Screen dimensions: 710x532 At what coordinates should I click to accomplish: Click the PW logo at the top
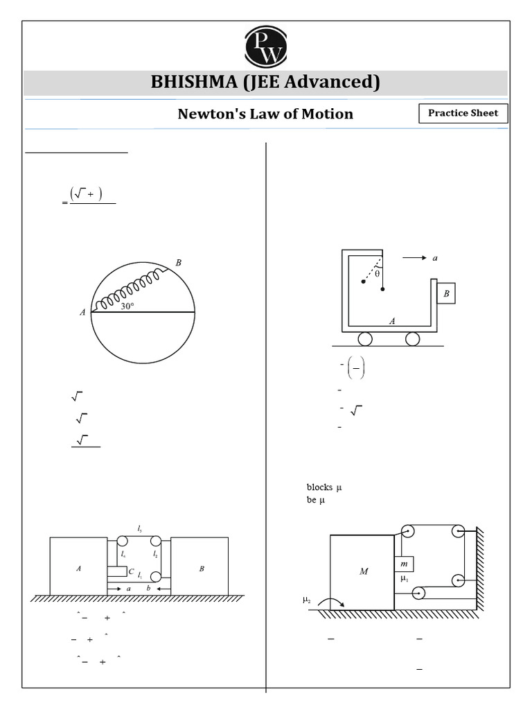(265, 46)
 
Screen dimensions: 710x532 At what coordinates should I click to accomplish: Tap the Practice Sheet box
(463, 113)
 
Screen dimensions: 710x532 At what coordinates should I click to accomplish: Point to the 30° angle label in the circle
(127, 306)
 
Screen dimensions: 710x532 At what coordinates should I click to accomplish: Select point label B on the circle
(178, 263)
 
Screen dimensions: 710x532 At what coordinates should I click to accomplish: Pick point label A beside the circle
(82, 313)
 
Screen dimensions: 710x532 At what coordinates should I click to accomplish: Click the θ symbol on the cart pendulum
(377, 273)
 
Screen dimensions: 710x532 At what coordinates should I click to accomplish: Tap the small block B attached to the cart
(446, 293)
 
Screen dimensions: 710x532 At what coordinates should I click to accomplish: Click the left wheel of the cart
(364, 339)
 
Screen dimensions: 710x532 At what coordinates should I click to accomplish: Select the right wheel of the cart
(412, 339)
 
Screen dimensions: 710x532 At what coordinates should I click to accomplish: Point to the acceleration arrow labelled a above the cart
(416, 258)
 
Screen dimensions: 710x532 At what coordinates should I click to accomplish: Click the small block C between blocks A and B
(118, 572)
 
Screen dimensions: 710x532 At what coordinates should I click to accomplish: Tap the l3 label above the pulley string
(140, 528)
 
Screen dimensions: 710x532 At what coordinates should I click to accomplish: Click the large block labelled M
(362, 571)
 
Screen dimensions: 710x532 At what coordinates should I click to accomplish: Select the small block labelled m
(404, 565)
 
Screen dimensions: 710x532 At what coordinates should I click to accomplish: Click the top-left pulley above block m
(407, 532)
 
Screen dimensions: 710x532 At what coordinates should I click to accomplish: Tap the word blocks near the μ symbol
(319, 487)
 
